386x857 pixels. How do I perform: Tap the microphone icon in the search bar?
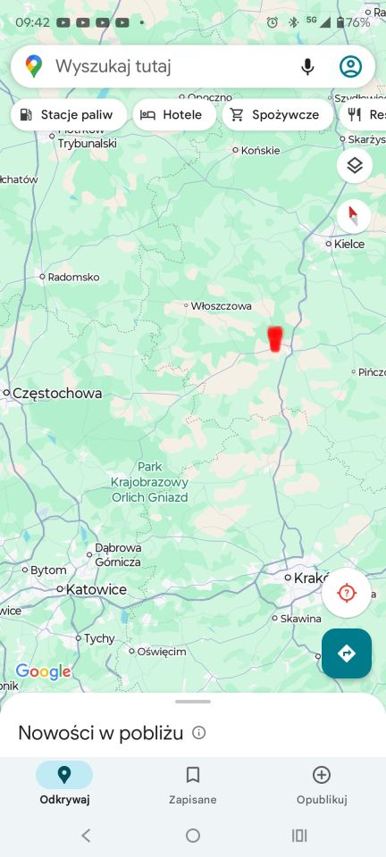pyautogui.click(x=307, y=66)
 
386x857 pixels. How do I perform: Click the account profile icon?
pyautogui.click(x=350, y=66)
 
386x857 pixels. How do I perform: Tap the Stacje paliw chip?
pyautogui.click(x=68, y=114)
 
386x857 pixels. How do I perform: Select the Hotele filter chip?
pyautogui.click(x=173, y=114)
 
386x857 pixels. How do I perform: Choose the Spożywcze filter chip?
pyautogui.click(x=276, y=114)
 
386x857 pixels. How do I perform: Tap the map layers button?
pyautogui.click(x=355, y=165)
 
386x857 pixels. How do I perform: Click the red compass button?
pyautogui.click(x=355, y=215)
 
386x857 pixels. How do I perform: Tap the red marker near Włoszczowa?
pyautogui.click(x=275, y=338)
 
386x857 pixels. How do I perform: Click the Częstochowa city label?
pyautogui.click(x=56, y=393)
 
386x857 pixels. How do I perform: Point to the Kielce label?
pyautogui.click(x=348, y=243)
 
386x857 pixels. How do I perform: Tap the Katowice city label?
pyautogui.click(x=96, y=589)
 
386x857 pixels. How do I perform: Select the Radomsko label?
pyautogui.click(x=72, y=277)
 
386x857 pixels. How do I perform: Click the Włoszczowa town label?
pyautogui.click(x=221, y=305)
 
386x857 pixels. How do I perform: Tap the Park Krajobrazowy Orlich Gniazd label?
pyautogui.click(x=149, y=482)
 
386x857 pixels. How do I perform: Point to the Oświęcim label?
pyautogui.click(x=162, y=651)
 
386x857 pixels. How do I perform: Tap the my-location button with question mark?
pyautogui.click(x=347, y=593)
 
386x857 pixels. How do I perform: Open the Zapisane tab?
pyautogui.click(x=192, y=785)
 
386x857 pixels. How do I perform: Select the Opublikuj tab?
pyautogui.click(x=322, y=785)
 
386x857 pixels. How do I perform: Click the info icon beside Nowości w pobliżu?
pyautogui.click(x=199, y=733)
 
